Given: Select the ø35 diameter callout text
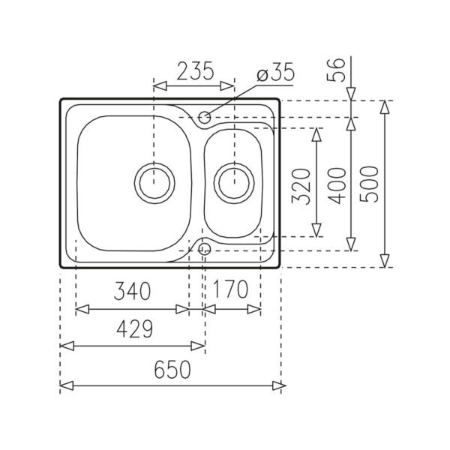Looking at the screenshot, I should point(274,73).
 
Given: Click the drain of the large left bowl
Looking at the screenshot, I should point(154,181).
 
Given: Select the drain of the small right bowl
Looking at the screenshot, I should point(234,181).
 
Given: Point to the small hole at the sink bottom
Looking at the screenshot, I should point(204,246).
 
